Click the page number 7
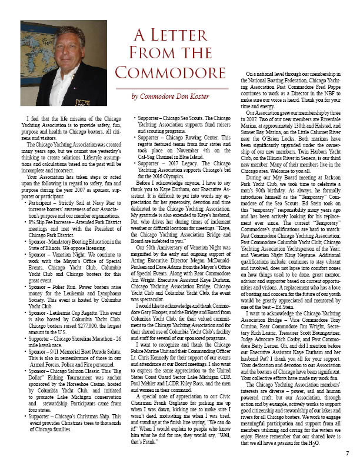348,453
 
